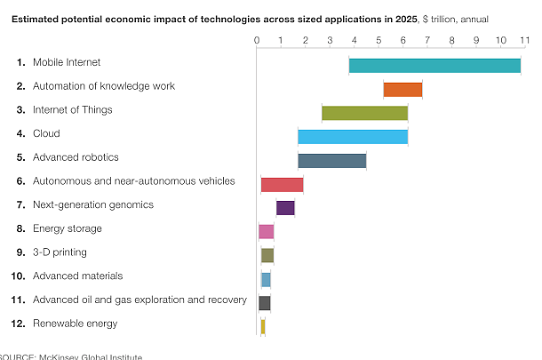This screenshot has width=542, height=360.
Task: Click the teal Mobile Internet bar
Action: tap(434, 65)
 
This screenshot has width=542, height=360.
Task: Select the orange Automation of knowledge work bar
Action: tap(403, 89)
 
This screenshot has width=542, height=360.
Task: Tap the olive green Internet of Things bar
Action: tap(364, 113)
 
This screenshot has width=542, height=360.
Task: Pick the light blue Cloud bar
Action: tap(353, 137)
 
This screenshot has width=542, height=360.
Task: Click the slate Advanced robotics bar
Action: tap(331, 160)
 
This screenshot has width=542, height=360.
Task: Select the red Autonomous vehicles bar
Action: tap(282, 184)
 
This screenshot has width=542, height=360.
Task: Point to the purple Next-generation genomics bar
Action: tap(285, 208)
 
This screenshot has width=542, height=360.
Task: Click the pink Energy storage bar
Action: tap(266, 232)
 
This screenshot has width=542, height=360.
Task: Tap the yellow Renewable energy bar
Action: tap(262, 326)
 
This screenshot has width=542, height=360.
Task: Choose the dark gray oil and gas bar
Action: tap(264, 303)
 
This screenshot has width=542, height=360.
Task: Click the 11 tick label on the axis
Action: tap(524, 40)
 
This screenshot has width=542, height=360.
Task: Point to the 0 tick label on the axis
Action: tap(256, 40)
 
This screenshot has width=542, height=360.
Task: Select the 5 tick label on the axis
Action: tap(378, 40)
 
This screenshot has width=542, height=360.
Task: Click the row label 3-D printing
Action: tap(60, 252)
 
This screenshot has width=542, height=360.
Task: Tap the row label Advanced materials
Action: tap(77, 276)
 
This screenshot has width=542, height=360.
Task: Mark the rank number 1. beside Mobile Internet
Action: tap(20, 62)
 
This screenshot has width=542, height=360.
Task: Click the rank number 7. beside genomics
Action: tap(20, 204)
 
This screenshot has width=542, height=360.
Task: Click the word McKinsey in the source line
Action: tap(59, 356)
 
